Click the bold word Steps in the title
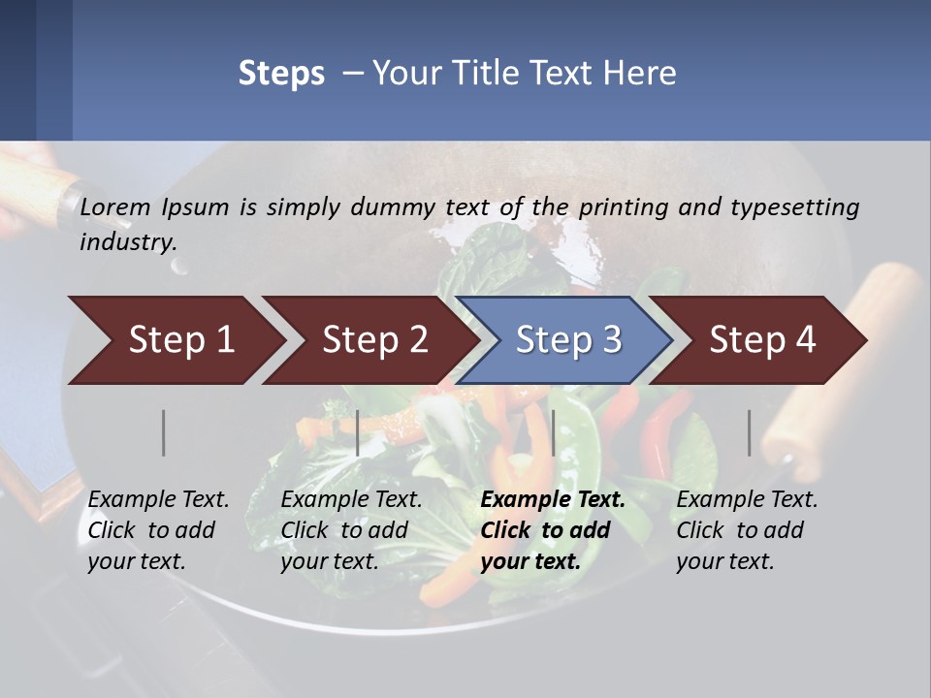(281, 74)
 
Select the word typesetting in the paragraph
(794, 207)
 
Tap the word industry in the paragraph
(127, 242)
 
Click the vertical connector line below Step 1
(164, 432)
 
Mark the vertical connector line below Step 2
(358, 432)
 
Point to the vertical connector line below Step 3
(553, 432)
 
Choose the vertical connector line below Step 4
(750, 432)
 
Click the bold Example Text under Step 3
(553, 500)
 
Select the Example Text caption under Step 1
(159, 500)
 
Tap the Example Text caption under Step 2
(351, 500)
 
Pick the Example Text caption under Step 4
(747, 500)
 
